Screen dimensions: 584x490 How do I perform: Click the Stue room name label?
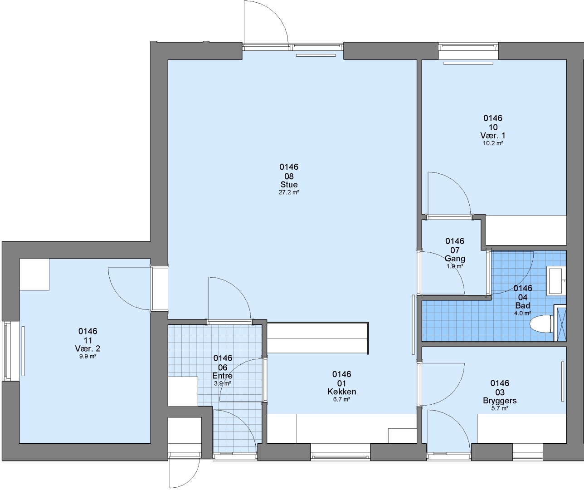click(289, 185)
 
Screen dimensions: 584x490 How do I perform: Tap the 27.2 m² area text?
click(289, 192)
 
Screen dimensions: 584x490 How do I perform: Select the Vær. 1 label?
click(493, 136)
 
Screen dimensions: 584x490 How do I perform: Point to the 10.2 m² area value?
click(493, 143)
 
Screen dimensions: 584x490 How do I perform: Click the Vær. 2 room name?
click(88, 349)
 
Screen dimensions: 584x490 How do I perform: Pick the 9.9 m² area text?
click(88, 356)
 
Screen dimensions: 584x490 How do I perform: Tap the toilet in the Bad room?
click(542, 324)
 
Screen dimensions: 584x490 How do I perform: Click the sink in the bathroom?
click(556, 281)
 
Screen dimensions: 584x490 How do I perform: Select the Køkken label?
click(341, 392)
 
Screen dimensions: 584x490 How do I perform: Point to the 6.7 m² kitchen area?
click(341, 399)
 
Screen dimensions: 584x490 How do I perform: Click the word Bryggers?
click(500, 401)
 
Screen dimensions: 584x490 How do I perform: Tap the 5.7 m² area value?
click(500, 408)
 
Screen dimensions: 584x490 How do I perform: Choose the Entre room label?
click(222, 376)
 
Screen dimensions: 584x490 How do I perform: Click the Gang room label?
click(455, 258)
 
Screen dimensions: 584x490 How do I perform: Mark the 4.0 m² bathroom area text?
click(522, 314)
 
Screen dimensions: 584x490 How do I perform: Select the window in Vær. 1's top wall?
click(468, 47)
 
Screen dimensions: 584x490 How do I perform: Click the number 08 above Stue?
click(289, 176)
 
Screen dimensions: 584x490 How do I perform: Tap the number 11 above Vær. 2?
click(88, 340)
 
